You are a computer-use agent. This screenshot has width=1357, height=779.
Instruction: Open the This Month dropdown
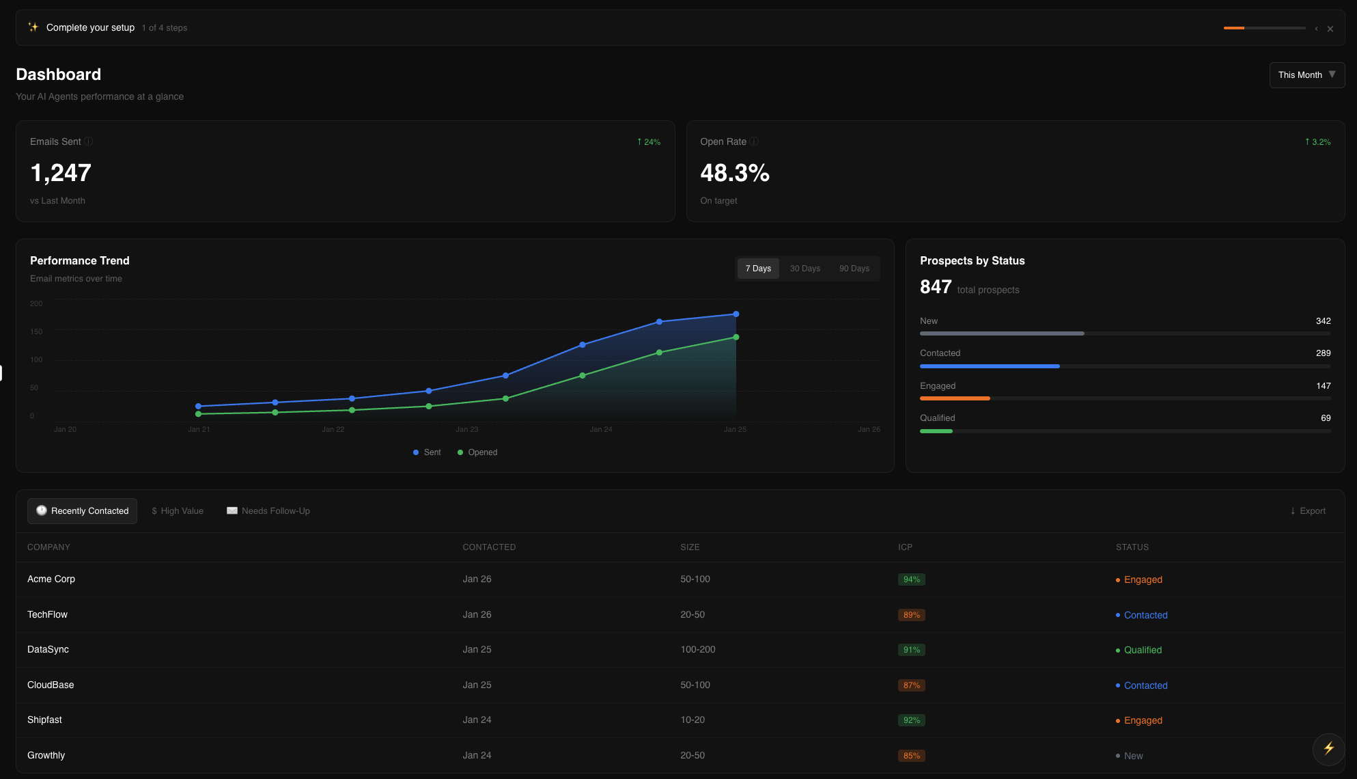pos(1306,75)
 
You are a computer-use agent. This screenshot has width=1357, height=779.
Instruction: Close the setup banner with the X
pos(1330,29)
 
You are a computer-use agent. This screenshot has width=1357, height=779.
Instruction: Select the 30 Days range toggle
pos(805,269)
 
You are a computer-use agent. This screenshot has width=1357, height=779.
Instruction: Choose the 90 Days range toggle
pos(854,269)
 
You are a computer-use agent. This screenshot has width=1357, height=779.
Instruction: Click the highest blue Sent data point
pos(736,314)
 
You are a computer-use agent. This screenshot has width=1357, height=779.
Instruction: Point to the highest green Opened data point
pos(736,337)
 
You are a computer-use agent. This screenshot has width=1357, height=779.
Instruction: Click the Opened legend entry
pos(477,452)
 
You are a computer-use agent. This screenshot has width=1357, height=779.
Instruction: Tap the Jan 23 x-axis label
pos(467,429)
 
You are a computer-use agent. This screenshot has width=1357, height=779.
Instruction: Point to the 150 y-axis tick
pos(36,331)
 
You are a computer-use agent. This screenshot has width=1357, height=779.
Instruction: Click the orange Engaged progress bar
pos(955,398)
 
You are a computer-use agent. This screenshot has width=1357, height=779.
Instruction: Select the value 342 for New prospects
pos(1323,321)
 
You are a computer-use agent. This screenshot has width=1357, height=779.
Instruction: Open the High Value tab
pos(178,511)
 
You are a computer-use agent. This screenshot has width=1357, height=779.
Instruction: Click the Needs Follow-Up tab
pos(268,511)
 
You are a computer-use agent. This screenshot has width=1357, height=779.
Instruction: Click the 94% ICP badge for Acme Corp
pos(911,579)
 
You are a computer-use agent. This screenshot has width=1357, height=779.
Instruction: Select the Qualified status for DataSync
pos(1142,650)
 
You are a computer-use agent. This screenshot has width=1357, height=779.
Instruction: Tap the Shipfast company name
pos(44,720)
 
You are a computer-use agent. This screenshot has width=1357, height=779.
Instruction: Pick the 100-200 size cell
pos(697,649)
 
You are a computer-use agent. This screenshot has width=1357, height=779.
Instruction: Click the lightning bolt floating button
pos(1328,748)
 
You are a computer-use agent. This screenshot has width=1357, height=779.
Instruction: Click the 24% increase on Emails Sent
pos(649,142)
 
